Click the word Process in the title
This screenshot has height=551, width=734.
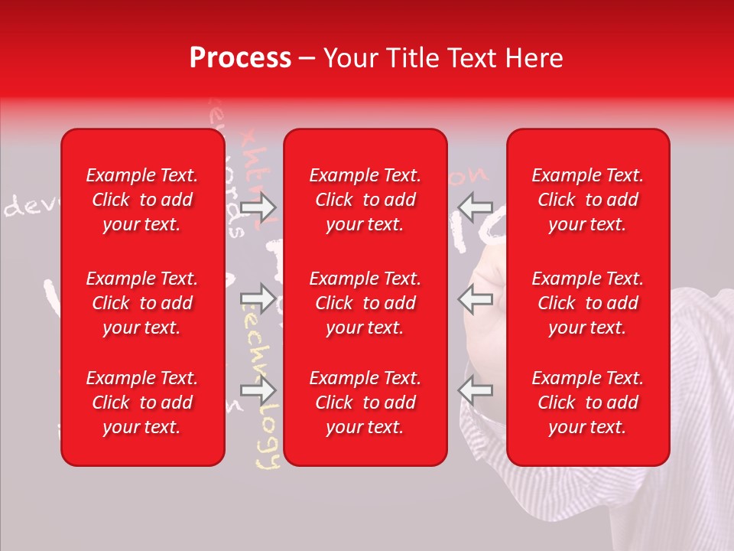click(x=240, y=58)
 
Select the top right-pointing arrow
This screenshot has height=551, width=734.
click(x=258, y=207)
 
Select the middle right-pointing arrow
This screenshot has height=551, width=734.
click(x=258, y=298)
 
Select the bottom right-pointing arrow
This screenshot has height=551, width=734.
click(x=258, y=390)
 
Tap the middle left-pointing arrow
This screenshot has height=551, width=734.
click(x=476, y=298)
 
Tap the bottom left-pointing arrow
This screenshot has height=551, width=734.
click(x=476, y=390)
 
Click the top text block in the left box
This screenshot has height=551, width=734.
click(x=142, y=200)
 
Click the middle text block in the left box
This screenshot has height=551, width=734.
click(x=142, y=303)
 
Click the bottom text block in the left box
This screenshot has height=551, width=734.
click(x=142, y=403)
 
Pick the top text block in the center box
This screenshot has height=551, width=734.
click(x=365, y=200)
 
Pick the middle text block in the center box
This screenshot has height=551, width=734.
click(x=365, y=303)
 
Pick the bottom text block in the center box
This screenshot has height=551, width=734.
click(x=365, y=403)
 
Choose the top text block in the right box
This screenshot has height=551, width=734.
click(x=588, y=200)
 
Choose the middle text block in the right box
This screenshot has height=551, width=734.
click(x=588, y=303)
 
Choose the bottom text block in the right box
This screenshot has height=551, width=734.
click(x=588, y=403)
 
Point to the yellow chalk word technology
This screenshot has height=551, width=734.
click(x=265, y=429)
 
